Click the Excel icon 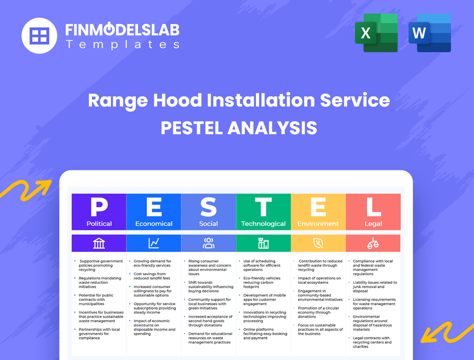tap(376, 33)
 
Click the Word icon tap(429, 33)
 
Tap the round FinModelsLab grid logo tap(39, 36)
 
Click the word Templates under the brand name tap(122, 44)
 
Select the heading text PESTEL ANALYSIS tap(239, 128)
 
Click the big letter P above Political tap(99, 207)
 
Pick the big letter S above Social tap(209, 207)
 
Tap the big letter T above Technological tap(263, 207)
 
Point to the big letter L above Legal tap(373, 207)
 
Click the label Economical tap(154, 224)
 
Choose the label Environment tap(318, 224)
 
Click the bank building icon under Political tap(99, 243)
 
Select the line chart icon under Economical tap(154, 243)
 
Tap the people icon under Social tap(209, 243)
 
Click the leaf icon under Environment tap(318, 243)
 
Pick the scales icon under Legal tap(373, 243)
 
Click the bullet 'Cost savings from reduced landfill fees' tap(150, 276)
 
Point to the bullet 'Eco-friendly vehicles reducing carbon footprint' tap(262, 282)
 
